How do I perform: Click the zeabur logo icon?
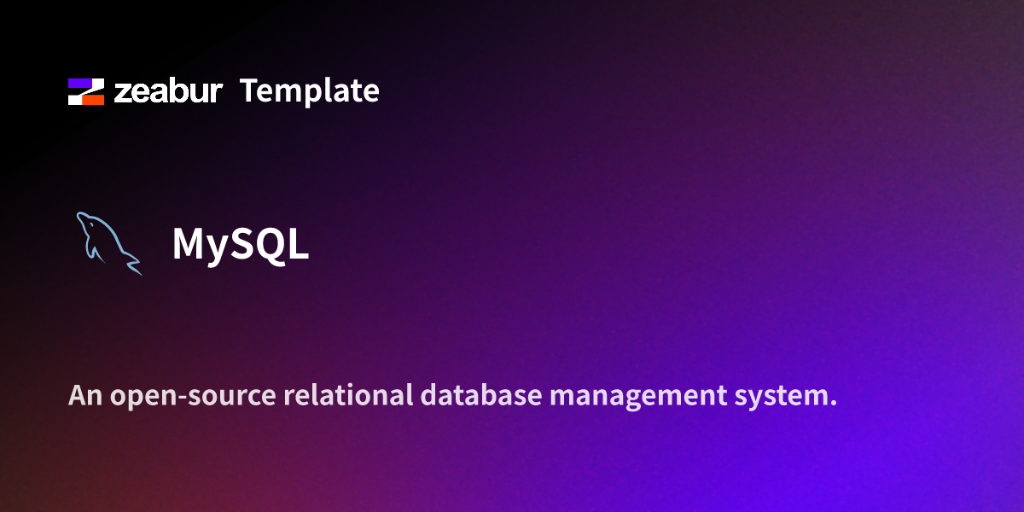85,91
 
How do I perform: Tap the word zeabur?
168,91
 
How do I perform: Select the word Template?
309,91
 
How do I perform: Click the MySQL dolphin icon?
108,242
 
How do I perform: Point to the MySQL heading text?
240,245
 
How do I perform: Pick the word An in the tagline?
83,396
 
